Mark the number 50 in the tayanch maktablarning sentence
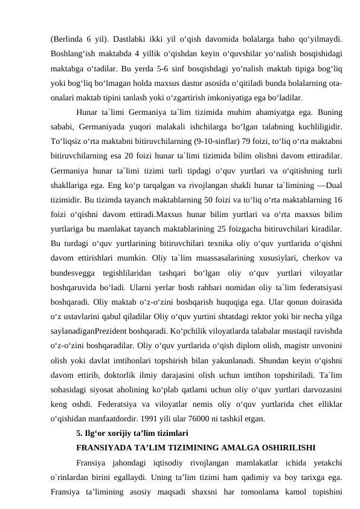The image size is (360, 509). coord(196,201)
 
